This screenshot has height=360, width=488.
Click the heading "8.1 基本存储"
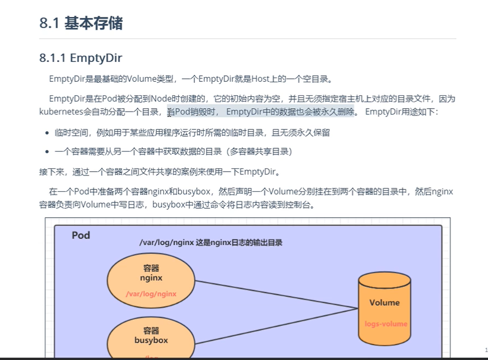[x=81, y=23]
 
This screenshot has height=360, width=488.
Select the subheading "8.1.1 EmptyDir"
[x=80, y=58]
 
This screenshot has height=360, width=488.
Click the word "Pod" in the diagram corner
[x=81, y=235]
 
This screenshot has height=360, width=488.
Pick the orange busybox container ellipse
[x=151, y=342]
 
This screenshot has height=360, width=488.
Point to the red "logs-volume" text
[x=386, y=324]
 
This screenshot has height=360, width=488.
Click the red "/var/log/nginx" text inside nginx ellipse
[x=151, y=294]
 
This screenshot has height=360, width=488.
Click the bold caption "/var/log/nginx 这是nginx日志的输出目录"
[x=211, y=243]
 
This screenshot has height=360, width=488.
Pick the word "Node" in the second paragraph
[x=161, y=99]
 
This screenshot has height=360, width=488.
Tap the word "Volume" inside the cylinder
[x=384, y=302]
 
